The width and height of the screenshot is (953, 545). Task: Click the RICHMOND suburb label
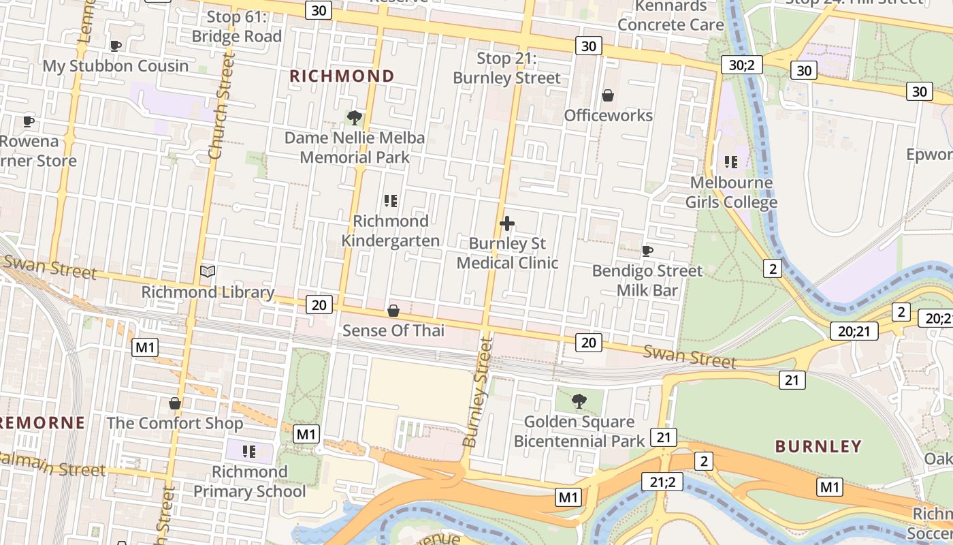point(342,76)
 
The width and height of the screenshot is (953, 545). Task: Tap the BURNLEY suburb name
point(819,446)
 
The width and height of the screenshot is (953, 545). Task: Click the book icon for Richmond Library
point(208,272)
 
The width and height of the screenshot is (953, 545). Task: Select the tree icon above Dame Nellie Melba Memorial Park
point(354,118)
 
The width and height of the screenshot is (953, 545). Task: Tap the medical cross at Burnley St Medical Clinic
point(506,223)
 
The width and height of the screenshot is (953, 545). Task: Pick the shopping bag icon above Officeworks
point(608,95)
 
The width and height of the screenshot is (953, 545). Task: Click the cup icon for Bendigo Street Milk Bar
point(647,251)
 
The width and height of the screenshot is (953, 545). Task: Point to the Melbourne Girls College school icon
point(731,162)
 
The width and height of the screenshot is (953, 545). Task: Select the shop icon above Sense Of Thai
point(393,311)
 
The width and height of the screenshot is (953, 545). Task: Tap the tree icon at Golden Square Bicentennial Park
point(579,401)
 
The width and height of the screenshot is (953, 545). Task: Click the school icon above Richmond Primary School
point(249,451)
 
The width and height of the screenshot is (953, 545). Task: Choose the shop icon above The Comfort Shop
point(175,403)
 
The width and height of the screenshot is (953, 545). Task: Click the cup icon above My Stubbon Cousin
point(116,46)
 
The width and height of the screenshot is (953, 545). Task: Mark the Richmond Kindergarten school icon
point(390,201)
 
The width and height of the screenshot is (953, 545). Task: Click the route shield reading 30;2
point(742,65)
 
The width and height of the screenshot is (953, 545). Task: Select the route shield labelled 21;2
point(662,482)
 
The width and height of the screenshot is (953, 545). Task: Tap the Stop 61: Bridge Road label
point(236,27)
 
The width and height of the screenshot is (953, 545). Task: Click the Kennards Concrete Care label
point(671,16)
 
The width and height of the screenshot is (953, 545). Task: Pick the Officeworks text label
point(608,115)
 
